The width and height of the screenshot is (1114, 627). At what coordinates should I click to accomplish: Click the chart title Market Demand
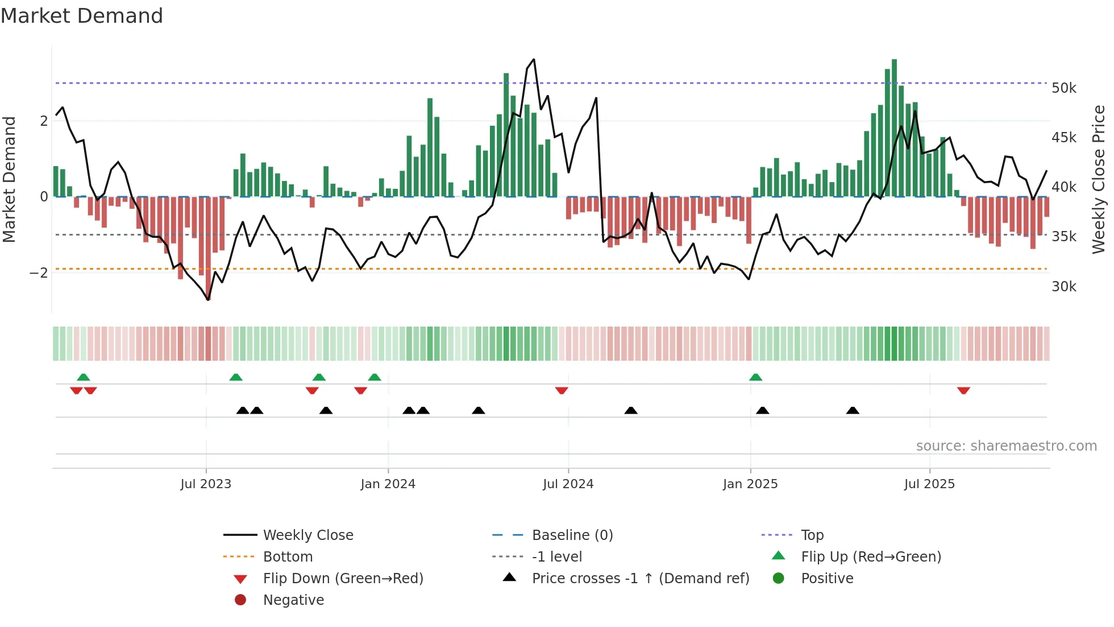pos(82,16)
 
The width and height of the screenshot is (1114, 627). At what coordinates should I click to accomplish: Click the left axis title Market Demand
pos(10,179)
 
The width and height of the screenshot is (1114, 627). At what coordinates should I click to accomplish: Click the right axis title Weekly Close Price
pos(1099,179)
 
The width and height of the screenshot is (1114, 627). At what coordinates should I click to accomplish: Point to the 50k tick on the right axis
pos(1063,88)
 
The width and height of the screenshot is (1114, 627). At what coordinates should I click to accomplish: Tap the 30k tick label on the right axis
pos(1063,287)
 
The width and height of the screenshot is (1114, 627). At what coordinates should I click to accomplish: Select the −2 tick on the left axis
pos(39,273)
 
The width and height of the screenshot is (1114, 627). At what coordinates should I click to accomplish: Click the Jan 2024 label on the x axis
pos(388,484)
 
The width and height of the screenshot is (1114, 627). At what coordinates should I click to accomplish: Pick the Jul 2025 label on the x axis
pos(929,484)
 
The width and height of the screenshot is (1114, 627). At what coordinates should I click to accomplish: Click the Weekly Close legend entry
pos(307,535)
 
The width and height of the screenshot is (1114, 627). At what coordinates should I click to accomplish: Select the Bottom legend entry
pos(288,557)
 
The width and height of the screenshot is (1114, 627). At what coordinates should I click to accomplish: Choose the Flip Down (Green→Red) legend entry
pos(343,579)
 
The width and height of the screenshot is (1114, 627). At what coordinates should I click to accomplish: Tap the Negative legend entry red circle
pos(240,600)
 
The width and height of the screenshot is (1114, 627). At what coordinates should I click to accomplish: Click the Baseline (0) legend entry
pos(572,535)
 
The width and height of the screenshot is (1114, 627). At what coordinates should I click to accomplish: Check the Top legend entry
pos(812,535)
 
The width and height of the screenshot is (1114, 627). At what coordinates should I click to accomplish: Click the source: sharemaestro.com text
pos(1006,446)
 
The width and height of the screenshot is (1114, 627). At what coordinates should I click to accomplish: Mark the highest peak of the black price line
pos(534,60)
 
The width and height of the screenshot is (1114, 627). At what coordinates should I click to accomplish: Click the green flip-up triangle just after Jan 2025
pos(755,377)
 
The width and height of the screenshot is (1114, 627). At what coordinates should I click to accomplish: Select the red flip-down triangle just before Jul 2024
pos(562,390)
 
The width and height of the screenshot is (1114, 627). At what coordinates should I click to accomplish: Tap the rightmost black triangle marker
pos(853,410)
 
